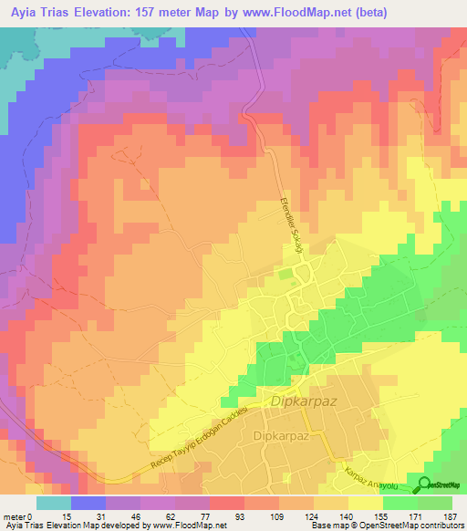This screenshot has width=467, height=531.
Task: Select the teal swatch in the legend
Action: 53,503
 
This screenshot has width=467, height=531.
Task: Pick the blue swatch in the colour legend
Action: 88,503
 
